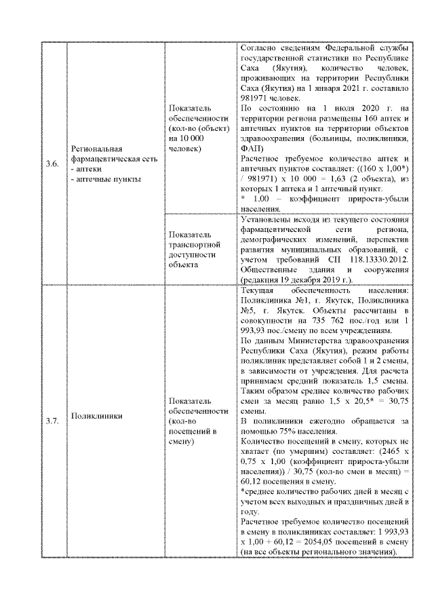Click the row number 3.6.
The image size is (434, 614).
click(52, 163)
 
